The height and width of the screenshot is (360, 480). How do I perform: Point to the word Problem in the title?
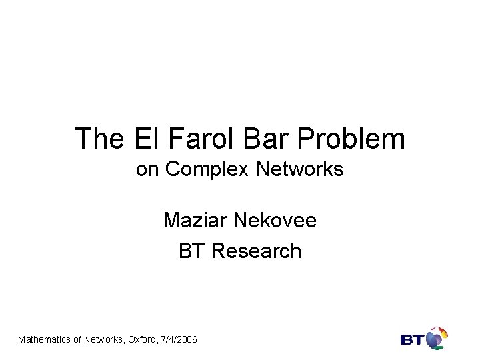(x=351, y=139)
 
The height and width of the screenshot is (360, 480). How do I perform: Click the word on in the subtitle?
(x=147, y=170)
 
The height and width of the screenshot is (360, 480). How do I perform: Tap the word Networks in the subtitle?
(x=300, y=170)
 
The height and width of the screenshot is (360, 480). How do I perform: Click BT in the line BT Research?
(x=190, y=251)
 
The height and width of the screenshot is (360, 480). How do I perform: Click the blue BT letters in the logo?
(x=412, y=340)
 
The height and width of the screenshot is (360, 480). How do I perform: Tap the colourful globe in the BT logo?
(x=436, y=338)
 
